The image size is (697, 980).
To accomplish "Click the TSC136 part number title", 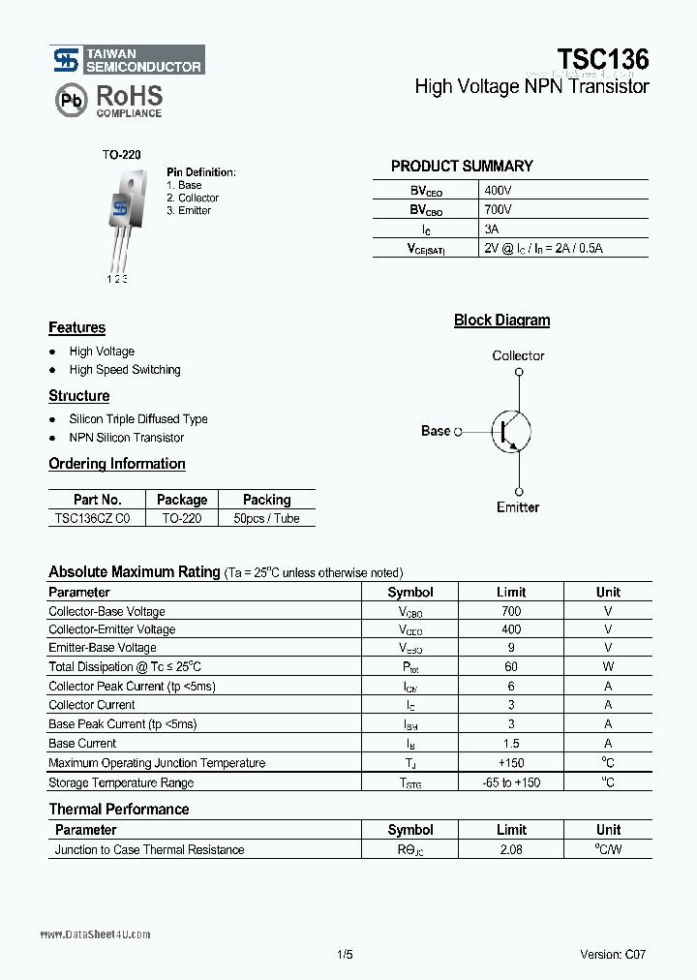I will click(x=603, y=58).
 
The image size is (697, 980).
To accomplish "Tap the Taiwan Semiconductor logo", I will click(x=128, y=60).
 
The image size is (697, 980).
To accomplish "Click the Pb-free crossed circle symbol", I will click(x=70, y=100).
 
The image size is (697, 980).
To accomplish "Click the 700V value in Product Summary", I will click(x=498, y=210).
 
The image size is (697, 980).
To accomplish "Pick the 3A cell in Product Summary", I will click(x=492, y=230).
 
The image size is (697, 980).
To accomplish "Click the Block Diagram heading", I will click(x=501, y=321).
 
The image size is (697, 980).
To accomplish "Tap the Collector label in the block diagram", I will click(x=518, y=356).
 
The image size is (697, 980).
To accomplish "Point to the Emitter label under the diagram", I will click(x=518, y=507).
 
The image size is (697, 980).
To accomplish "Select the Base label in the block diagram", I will click(x=436, y=431).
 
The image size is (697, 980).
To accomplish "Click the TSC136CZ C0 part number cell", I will click(x=97, y=518).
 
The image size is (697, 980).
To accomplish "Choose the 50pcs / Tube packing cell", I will click(x=267, y=518).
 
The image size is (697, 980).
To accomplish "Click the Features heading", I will click(x=77, y=328).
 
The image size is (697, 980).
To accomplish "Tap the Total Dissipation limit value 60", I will click(x=511, y=667).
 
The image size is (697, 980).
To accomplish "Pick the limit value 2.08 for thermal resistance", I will click(x=511, y=850).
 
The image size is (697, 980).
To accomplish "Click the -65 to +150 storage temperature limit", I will click(x=511, y=782).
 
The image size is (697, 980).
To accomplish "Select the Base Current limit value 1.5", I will click(x=511, y=744).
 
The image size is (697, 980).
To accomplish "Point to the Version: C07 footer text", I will click(x=613, y=954).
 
